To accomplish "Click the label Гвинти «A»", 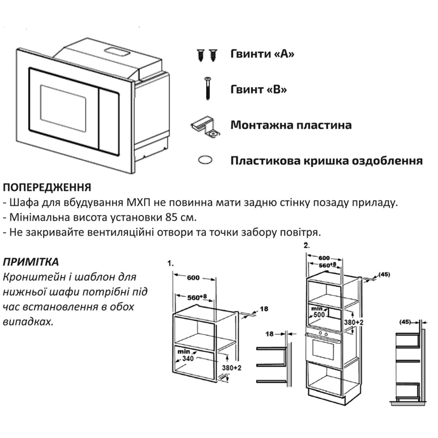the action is click(262, 54).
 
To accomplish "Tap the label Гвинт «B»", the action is click(258, 89).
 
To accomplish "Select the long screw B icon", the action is click(208, 89).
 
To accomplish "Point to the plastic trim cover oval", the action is click(205, 160).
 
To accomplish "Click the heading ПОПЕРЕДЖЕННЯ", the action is click(47, 188).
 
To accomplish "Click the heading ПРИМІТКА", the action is click(31, 262).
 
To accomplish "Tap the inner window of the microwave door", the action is click(63, 108).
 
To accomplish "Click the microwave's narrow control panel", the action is click(109, 122).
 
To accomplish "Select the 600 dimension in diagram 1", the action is click(193, 278).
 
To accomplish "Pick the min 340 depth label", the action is click(186, 355).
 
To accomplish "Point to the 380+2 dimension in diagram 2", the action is click(354, 322).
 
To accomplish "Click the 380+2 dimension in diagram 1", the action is click(232, 368).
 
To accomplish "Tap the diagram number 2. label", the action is click(307, 246).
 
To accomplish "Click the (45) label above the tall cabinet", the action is click(384, 275).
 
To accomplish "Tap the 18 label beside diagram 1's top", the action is click(264, 309).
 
